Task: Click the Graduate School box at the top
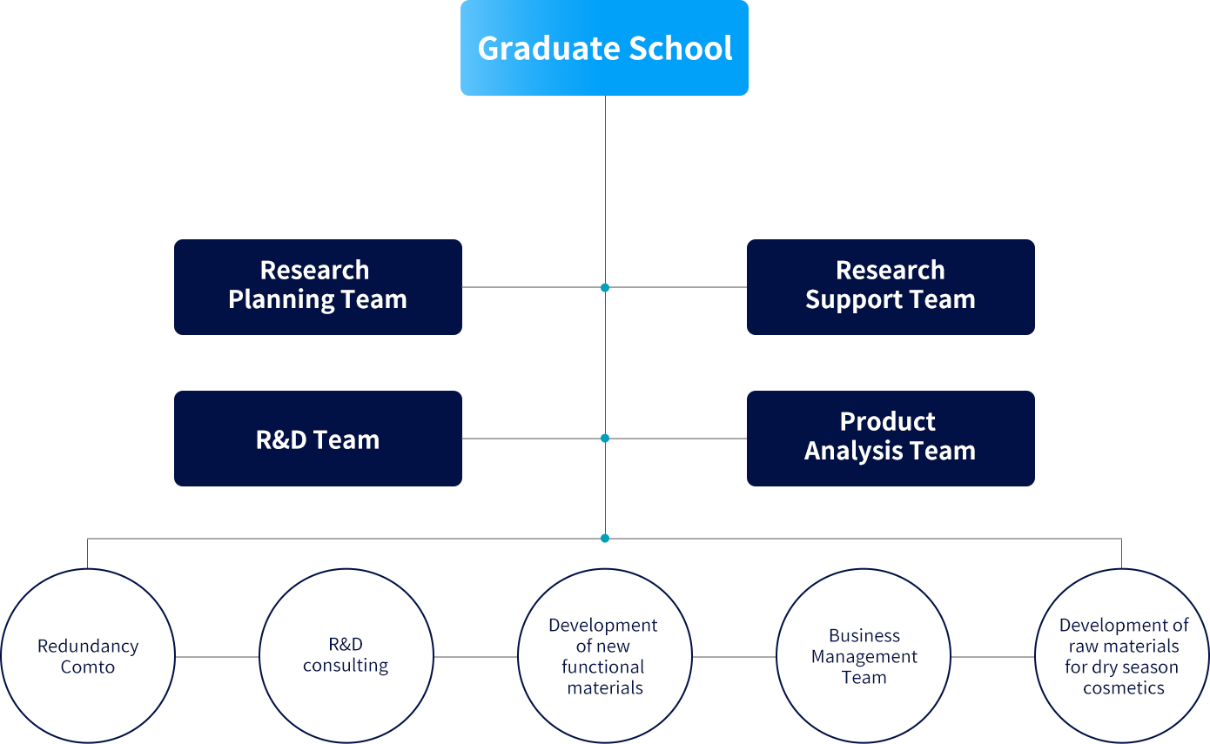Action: point(604,48)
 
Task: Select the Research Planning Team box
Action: point(318,287)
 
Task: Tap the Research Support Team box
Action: point(891,287)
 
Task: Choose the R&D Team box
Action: point(318,439)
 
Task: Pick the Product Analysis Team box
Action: point(891,439)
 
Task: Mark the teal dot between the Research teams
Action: point(605,288)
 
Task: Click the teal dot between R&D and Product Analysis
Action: point(605,439)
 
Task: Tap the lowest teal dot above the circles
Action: point(605,539)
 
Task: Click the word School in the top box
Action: point(680,48)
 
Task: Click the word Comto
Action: point(88,667)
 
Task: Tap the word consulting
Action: point(346,666)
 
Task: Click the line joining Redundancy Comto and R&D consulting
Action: point(217,657)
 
